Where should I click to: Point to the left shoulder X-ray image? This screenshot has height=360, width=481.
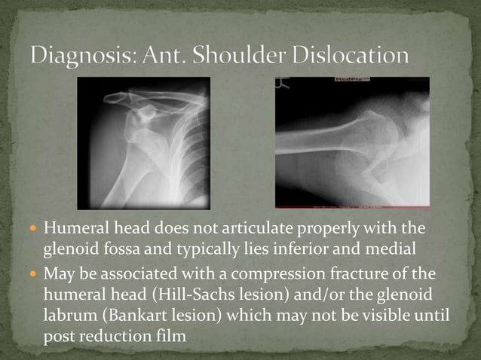(143, 143)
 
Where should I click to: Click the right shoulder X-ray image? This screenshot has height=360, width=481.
(352, 143)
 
